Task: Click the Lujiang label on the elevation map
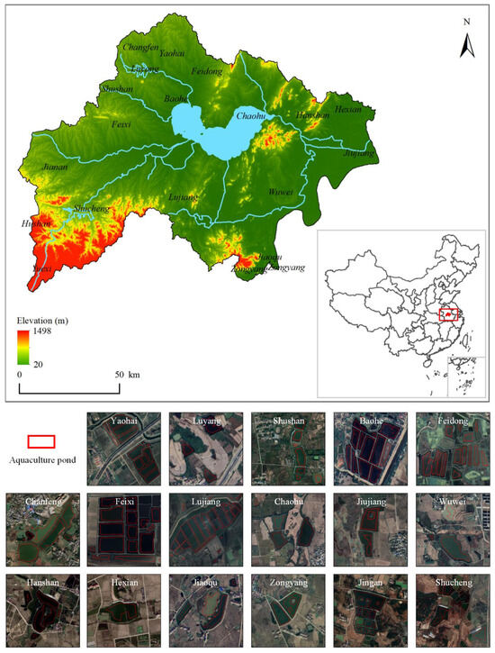[183, 196]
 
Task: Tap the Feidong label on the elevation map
[208, 71]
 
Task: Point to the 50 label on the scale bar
[120, 374]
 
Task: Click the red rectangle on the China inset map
[449, 313]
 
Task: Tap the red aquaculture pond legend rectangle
[41, 442]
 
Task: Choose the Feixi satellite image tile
[123, 528]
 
